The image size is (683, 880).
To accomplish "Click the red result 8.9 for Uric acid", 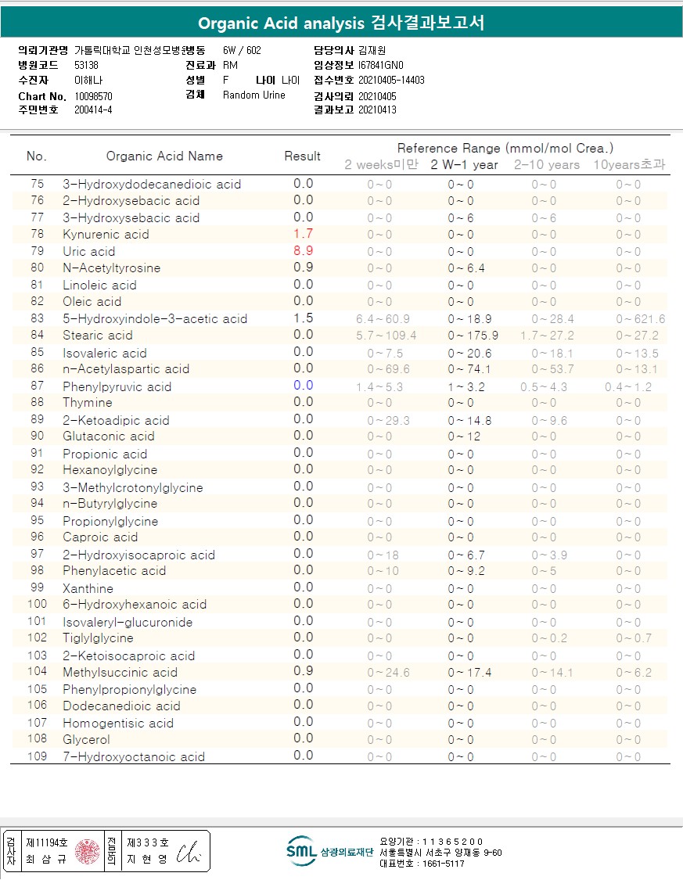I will (303, 251).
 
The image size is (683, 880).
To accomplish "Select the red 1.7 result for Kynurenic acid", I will (303, 234).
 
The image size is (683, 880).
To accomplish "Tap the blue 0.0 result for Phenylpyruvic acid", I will (303, 386).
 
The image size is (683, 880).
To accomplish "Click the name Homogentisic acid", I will (118, 723).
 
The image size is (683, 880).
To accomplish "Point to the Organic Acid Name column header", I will (164, 156).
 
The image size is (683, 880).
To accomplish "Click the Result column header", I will (302, 156).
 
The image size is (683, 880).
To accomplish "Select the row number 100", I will (37, 604).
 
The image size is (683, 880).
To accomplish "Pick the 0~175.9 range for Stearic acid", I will (473, 336).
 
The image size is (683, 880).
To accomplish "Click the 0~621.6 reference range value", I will (640, 319).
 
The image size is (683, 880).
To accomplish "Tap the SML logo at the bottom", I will (300, 851).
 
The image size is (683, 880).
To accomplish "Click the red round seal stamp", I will (88, 851).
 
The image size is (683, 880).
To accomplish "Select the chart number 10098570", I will (94, 96).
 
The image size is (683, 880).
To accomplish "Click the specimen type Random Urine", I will (254, 95).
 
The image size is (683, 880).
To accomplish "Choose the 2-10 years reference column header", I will (547, 165).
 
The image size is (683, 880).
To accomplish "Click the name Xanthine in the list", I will (88, 588).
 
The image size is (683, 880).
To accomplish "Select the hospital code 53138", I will (87, 66).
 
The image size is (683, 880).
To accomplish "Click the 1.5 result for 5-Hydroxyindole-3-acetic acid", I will (303, 318).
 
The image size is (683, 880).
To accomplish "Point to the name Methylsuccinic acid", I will (120, 673).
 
